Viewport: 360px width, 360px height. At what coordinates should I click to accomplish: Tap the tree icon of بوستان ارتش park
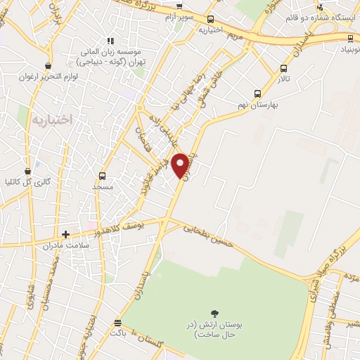tap(214, 313)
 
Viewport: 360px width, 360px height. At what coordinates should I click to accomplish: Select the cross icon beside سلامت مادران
tap(66, 234)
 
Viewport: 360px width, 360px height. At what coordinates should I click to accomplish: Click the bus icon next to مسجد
tap(103, 176)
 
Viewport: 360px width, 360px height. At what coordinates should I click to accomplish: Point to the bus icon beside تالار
tap(284, 69)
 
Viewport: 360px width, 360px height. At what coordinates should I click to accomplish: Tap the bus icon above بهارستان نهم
tap(257, 93)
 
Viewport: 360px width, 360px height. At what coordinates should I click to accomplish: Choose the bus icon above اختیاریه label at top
tap(212, 19)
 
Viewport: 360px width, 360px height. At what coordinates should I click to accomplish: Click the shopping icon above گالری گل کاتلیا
tap(28, 171)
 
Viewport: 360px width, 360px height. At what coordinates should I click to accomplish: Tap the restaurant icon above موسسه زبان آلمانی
tap(110, 41)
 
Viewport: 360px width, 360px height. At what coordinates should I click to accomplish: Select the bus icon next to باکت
tap(117, 323)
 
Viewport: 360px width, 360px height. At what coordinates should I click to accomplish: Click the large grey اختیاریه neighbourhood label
tap(53, 120)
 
